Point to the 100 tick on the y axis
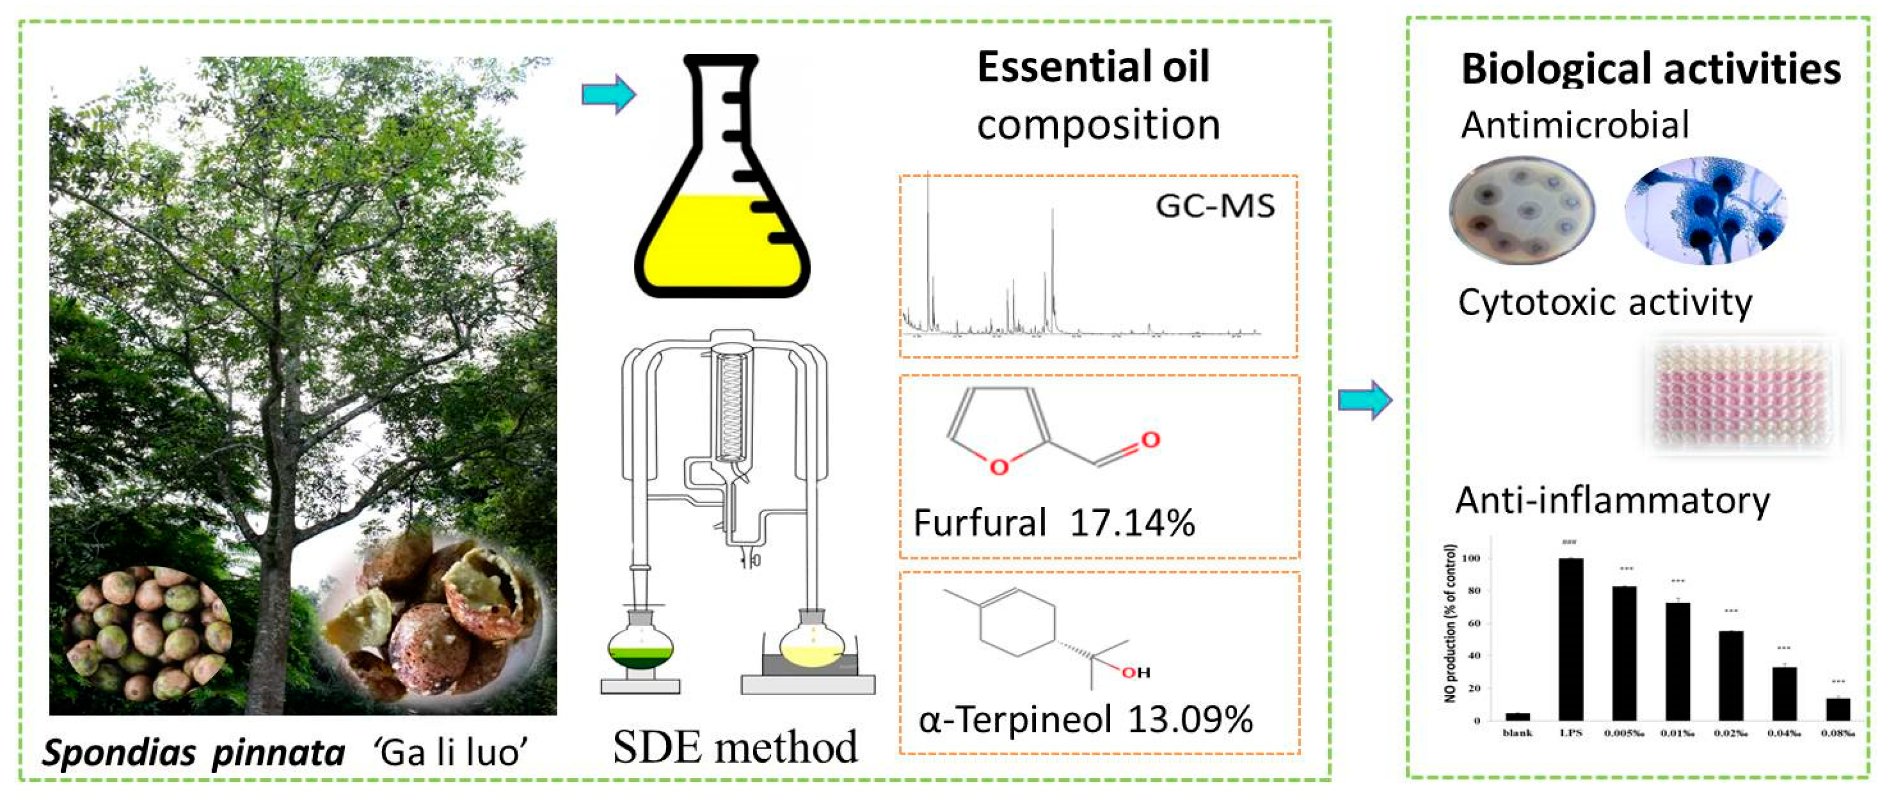click(x=1471, y=558)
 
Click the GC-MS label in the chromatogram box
click(x=1215, y=206)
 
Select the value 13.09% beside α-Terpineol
click(x=1189, y=720)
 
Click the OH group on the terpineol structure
click(x=1136, y=673)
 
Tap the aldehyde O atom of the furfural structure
click(x=1150, y=440)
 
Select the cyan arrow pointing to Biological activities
click(x=1365, y=400)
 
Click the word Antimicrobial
click(x=1574, y=125)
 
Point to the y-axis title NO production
click(x=1451, y=624)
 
